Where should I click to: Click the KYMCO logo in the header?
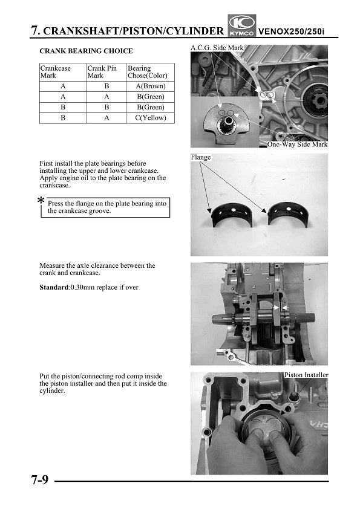pyautogui.click(x=242, y=25)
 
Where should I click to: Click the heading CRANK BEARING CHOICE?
pyautogui.click(x=86, y=51)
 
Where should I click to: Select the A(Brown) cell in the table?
pyautogui.click(x=151, y=86)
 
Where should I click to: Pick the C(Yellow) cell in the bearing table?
pyautogui.click(x=151, y=118)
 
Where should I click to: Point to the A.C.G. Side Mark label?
pyautogui.click(x=217, y=48)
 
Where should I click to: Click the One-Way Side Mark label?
pyautogui.click(x=297, y=144)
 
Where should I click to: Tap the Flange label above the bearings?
pyautogui.click(x=201, y=157)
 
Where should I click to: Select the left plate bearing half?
pyautogui.click(x=232, y=215)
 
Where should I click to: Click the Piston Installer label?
pyautogui.click(x=306, y=375)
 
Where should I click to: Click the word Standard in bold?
pyautogui.click(x=54, y=287)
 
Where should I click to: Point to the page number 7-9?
pyautogui.click(x=40, y=479)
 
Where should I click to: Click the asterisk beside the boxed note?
pyautogui.click(x=41, y=201)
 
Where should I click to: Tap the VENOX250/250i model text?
pyautogui.click(x=291, y=32)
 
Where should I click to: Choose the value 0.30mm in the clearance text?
pyautogui.click(x=82, y=287)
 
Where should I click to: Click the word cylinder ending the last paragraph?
pyautogui.click(x=51, y=391)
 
